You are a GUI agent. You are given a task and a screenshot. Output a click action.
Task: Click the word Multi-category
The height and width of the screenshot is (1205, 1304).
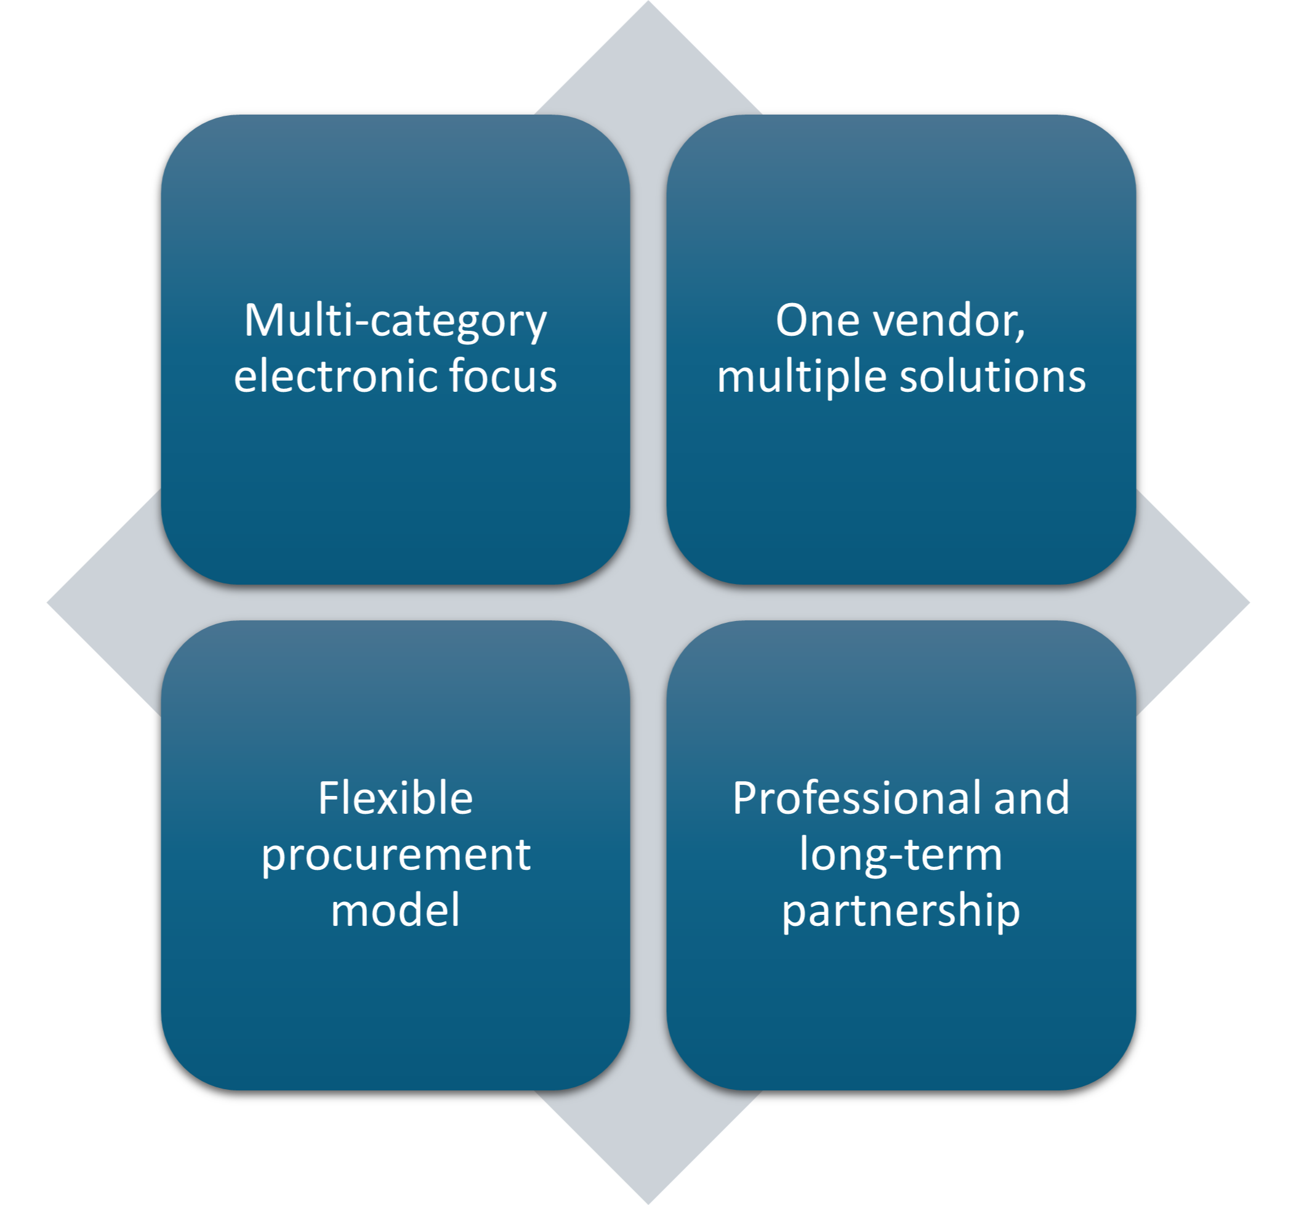(x=395, y=321)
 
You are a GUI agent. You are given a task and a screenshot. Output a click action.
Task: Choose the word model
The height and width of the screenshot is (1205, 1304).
(x=395, y=911)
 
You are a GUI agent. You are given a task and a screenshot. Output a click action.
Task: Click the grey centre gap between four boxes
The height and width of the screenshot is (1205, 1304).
(x=648, y=602)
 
